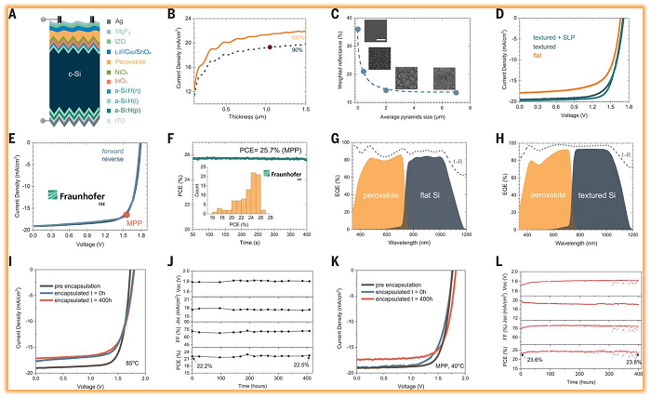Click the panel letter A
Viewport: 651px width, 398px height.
(10, 14)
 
